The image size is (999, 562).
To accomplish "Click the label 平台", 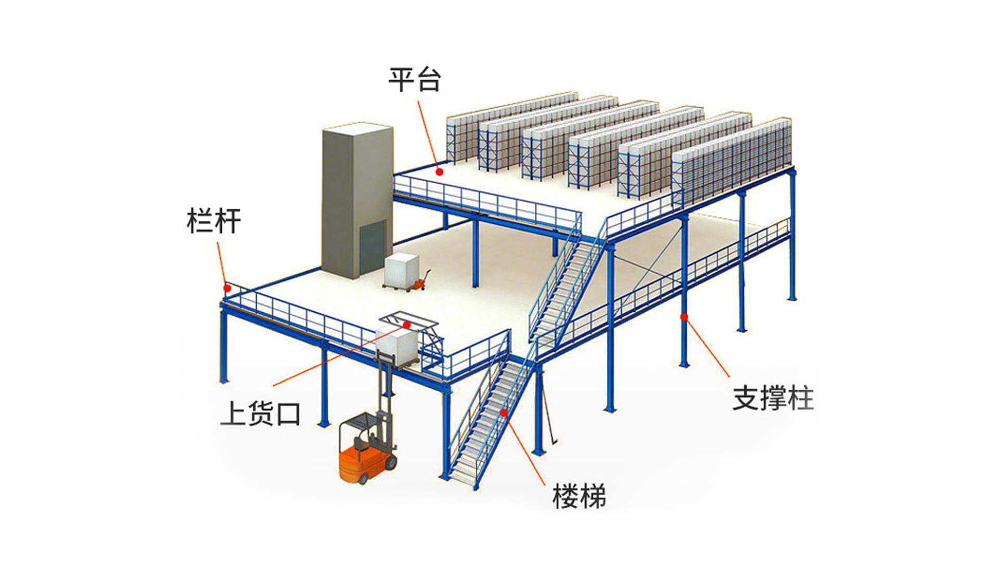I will pos(415,80).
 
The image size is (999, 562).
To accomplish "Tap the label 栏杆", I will pos(213,221).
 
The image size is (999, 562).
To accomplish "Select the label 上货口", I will pos(260,414).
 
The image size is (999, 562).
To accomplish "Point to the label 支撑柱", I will pos(773,398).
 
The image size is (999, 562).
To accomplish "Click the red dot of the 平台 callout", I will pos(440,171).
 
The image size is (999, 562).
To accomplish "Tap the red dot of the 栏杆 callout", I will pos(227,288).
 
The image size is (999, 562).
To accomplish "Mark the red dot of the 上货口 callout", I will pos(407,324).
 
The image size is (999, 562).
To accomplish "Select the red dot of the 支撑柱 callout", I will pos(684,316).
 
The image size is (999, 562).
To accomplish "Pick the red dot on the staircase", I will pos(504,412).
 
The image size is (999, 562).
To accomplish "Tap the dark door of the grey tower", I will pos(373,247).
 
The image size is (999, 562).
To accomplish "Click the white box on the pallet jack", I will pos(401,269).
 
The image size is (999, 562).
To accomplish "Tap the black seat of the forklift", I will pos(360,443).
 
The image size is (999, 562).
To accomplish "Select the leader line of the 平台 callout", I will pos(428,133).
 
